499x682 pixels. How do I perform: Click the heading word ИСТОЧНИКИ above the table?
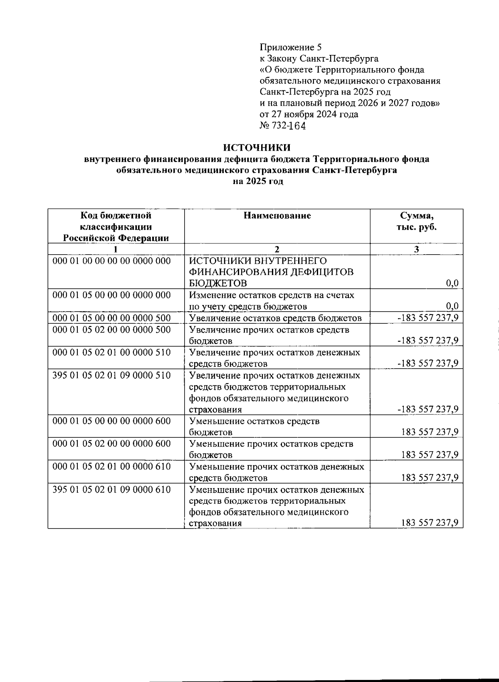(x=257, y=148)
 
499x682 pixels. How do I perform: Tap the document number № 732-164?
(x=283, y=126)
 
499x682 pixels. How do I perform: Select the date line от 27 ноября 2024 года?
(x=309, y=114)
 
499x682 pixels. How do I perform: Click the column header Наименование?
(x=277, y=216)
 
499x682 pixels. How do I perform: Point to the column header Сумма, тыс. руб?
(x=416, y=221)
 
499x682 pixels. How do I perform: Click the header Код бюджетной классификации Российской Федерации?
(x=116, y=227)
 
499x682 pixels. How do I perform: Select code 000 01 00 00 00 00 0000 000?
(x=111, y=261)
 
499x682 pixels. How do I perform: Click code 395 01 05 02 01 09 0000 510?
(x=111, y=375)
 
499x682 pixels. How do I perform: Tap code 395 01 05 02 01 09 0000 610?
(x=111, y=489)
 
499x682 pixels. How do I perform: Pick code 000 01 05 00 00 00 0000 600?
(x=111, y=421)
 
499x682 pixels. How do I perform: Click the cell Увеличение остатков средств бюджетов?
(x=275, y=318)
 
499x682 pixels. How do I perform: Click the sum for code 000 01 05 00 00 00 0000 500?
(x=428, y=318)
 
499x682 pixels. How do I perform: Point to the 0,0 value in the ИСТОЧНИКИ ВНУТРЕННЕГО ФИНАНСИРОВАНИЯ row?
(x=452, y=284)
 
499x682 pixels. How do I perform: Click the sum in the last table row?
(x=430, y=523)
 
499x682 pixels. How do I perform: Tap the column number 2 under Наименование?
(x=277, y=249)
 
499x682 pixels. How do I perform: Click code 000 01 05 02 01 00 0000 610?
(x=111, y=466)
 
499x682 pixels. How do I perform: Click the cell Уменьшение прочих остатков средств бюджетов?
(x=271, y=449)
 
